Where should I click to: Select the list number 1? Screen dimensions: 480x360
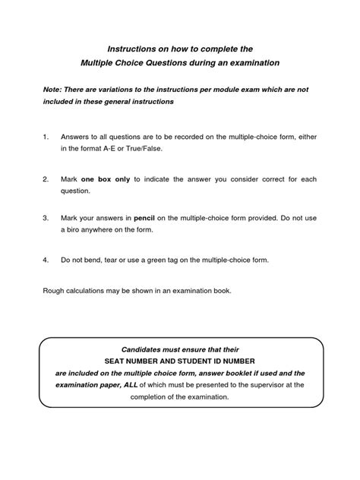pos(46,137)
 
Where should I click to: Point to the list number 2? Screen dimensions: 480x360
pos(46,179)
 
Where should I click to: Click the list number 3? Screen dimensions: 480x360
pos(46,216)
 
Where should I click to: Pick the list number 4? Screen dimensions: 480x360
pos(46,259)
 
